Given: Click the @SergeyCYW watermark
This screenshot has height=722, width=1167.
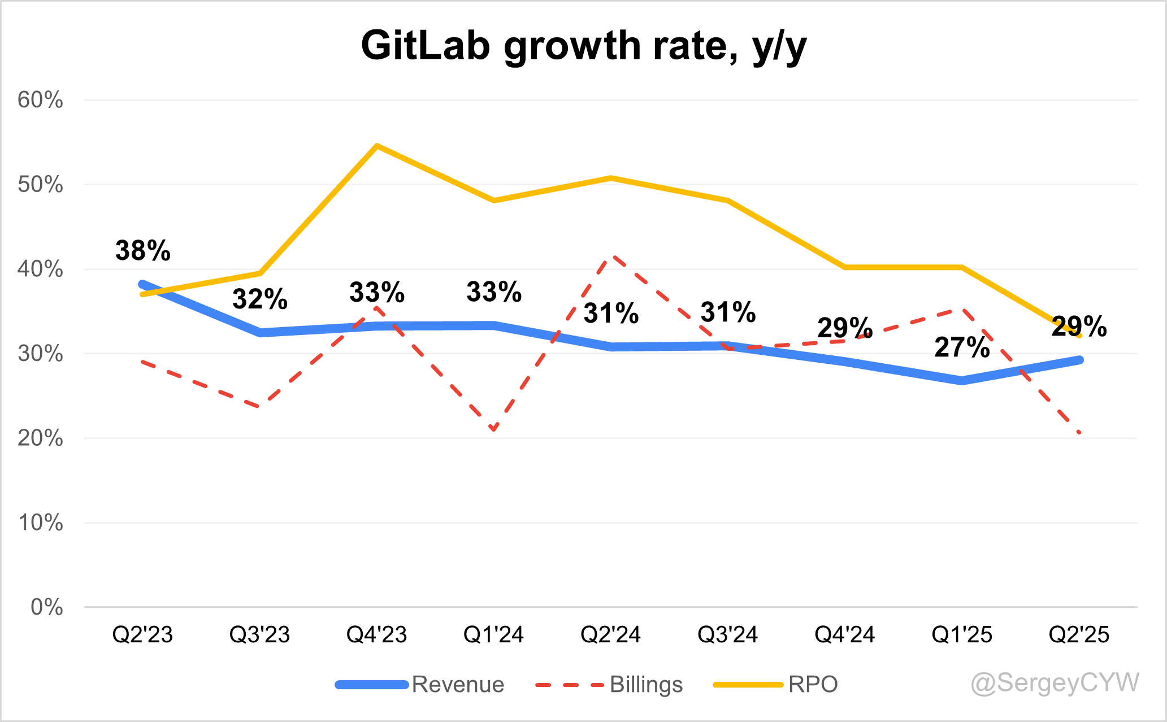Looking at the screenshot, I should (1055, 682).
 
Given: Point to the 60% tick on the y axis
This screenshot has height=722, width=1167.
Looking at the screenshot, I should (40, 101).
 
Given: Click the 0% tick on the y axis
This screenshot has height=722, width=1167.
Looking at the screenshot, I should (46, 607).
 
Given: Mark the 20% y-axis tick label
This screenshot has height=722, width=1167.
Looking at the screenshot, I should (40, 438).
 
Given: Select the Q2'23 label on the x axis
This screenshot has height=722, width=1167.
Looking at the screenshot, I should (142, 635).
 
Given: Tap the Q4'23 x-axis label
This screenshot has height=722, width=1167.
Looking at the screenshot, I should (376, 635).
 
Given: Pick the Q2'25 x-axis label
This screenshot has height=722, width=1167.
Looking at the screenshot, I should (1079, 635).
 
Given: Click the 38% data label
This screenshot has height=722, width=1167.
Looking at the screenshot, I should (142, 250).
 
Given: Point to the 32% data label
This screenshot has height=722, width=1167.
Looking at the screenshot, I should (260, 299).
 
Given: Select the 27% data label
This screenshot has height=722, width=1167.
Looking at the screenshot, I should (962, 347).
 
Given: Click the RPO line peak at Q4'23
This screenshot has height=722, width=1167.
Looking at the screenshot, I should (377, 146).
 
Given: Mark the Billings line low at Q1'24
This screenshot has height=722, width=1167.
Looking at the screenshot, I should (494, 430).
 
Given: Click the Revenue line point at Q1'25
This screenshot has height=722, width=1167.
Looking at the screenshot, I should (962, 380).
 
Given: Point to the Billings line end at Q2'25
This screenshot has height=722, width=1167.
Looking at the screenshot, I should (1079, 433).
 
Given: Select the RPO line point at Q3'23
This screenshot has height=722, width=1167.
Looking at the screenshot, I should (260, 273).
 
